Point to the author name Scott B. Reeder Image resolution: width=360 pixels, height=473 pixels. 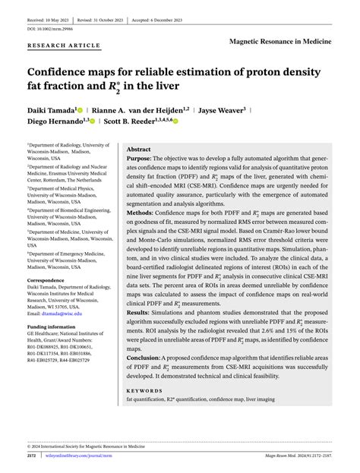129,121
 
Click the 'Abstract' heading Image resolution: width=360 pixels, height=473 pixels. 138,150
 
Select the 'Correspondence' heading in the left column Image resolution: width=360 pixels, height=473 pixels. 50,280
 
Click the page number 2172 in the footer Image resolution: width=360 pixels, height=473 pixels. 32,456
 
